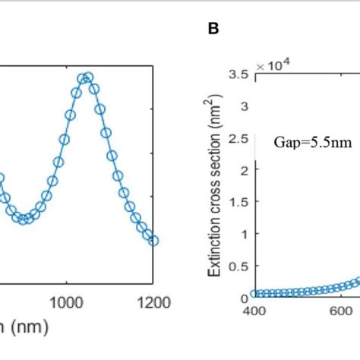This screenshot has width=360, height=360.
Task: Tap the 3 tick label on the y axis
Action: pos(245,106)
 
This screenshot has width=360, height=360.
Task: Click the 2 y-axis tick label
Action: pos(245,170)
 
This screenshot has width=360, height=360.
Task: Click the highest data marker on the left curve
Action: pos(88,77)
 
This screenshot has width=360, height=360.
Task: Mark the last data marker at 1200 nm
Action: pos(153,240)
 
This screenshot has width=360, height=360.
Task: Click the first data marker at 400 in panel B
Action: pos(255,294)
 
